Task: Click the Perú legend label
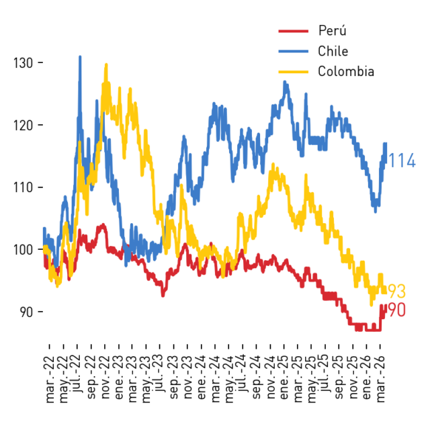point(332,30)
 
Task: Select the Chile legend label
point(333,51)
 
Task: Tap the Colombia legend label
point(346,71)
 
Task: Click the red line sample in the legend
point(294,31)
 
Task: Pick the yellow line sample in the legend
point(294,72)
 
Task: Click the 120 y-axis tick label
point(24,126)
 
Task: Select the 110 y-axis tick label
point(24,187)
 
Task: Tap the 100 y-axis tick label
point(24,249)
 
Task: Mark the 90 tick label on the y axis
point(27,312)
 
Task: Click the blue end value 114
point(402,161)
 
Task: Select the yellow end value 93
point(397,291)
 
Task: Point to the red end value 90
point(397,310)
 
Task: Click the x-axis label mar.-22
point(50,380)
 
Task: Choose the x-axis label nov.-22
point(105,378)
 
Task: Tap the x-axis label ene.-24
point(202,378)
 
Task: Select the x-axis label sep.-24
point(257,378)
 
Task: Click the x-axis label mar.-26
point(380,380)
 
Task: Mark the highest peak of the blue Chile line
point(80,56)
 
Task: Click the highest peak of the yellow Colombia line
point(106,64)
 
